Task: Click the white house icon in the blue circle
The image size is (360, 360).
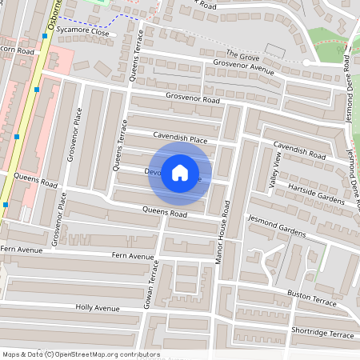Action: pyautogui.click(x=180, y=173)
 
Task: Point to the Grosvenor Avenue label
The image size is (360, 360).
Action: pyautogui.click(x=244, y=67)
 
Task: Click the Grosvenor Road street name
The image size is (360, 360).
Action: pyautogui.click(x=193, y=101)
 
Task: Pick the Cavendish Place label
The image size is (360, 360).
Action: pyautogui.click(x=181, y=139)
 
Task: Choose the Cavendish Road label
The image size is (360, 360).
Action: pyautogui.click(x=299, y=149)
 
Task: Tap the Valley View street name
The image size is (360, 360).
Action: pyautogui.click(x=277, y=171)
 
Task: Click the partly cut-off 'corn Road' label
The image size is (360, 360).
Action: pyautogui.click(x=18, y=50)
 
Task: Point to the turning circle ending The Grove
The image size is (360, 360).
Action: pyautogui.click(x=306, y=62)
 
